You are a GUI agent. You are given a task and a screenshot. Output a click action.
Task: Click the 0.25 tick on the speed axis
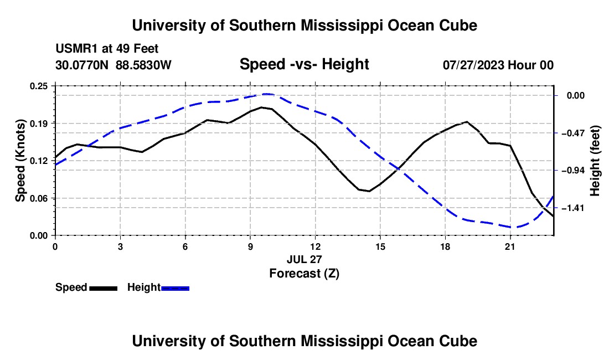(38, 86)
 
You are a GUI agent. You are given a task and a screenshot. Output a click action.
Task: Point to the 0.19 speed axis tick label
(38, 124)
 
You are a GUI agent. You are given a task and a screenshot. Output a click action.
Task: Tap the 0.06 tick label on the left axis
(38, 198)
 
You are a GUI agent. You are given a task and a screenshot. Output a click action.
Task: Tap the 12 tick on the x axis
(316, 246)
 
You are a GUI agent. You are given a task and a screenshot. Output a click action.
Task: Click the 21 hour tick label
(510, 246)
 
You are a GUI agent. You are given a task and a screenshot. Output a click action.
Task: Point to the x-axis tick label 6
(185, 246)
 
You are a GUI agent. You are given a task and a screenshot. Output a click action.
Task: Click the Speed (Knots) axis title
(20, 161)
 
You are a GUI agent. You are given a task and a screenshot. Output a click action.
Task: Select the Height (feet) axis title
(595, 161)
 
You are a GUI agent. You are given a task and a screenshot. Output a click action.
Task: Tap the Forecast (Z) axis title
(304, 274)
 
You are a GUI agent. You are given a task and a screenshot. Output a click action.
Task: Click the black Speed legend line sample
(104, 288)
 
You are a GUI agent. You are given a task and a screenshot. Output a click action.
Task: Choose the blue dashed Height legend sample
(175, 288)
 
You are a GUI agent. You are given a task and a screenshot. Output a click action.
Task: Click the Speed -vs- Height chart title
(304, 64)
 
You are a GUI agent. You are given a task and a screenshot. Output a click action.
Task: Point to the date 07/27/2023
(474, 65)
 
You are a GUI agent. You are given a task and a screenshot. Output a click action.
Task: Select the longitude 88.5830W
(143, 65)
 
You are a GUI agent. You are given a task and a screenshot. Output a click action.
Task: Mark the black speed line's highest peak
(262, 107)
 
